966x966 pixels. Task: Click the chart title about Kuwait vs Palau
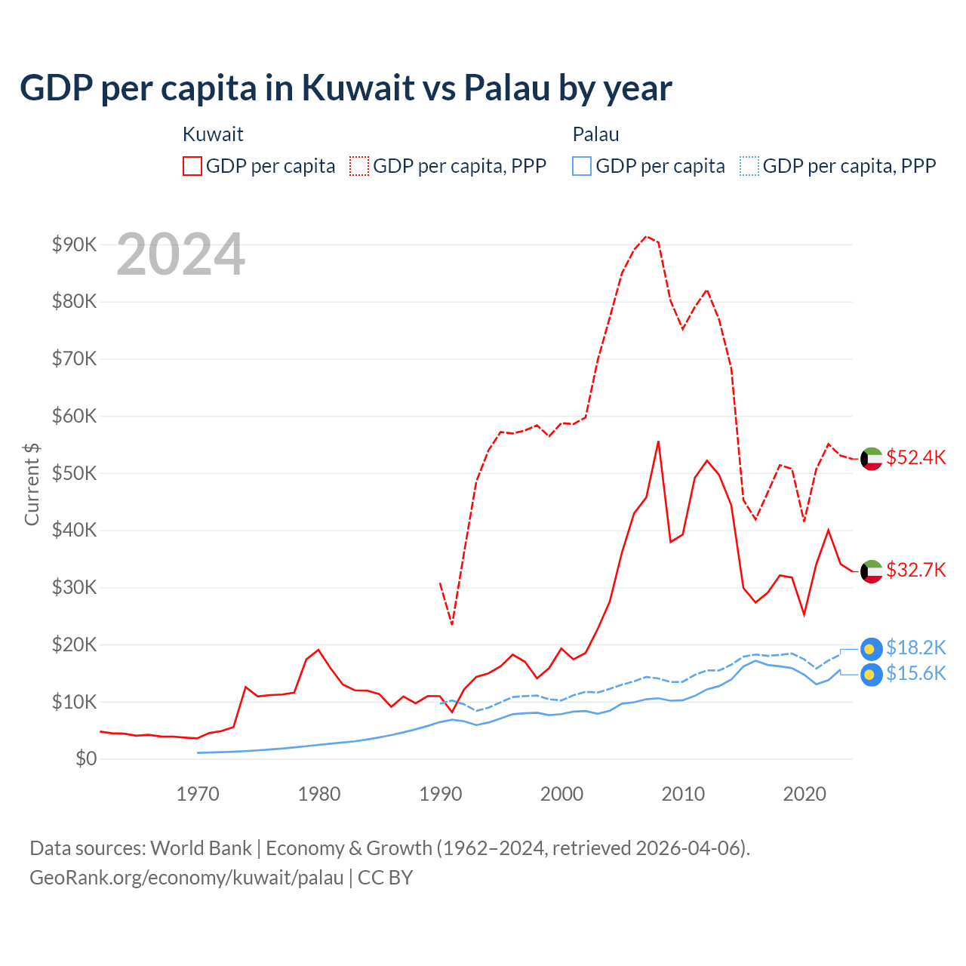click(x=345, y=88)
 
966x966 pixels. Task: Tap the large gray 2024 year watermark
click(x=180, y=254)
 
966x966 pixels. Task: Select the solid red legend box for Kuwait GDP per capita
click(x=192, y=166)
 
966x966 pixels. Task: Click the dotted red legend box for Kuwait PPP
click(x=359, y=166)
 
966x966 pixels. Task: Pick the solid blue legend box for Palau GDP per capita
click(x=582, y=166)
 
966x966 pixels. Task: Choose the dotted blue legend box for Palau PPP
click(x=749, y=166)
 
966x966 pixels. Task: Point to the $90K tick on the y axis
click(x=74, y=245)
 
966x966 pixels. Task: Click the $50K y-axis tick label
click(x=74, y=473)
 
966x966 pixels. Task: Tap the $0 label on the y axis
click(x=85, y=758)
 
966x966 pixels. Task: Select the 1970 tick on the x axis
click(x=198, y=794)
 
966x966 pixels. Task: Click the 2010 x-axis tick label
click(x=683, y=794)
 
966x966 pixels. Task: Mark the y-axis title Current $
click(x=32, y=484)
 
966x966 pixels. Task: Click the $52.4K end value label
click(x=915, y=458)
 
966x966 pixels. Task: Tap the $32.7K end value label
click(x=915, y=570)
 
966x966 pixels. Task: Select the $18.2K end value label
click(x=915, y=648)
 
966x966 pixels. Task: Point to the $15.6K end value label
click(x=915, y=673)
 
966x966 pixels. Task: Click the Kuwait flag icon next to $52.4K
click(x=872, y=459)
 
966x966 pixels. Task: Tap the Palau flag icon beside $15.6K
click(x=871, y=675)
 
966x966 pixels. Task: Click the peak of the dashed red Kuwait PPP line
click(x=647, y=236)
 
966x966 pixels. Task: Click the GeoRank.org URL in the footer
click(x=186, y=878)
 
